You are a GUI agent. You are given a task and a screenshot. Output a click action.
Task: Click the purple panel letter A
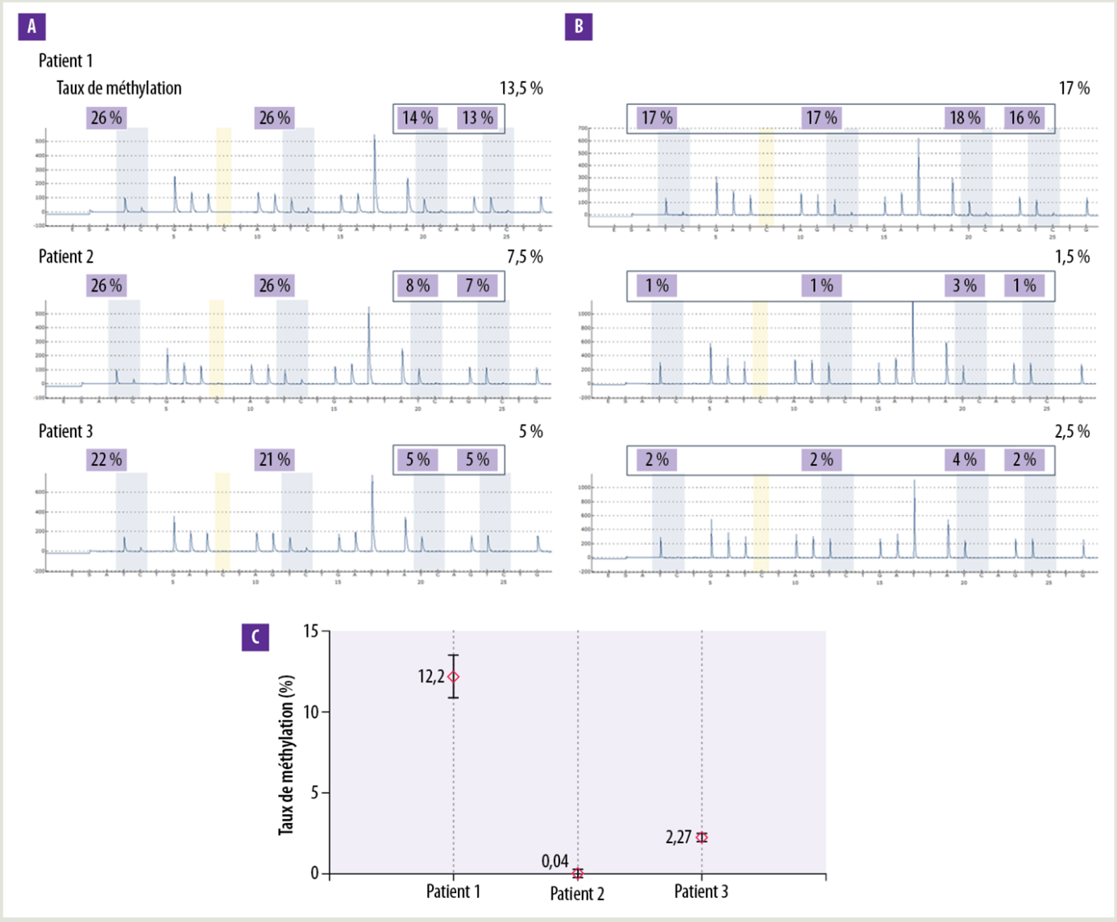click(31, 27)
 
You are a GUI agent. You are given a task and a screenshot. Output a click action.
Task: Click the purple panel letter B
click(579, 27)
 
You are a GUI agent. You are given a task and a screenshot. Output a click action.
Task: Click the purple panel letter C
click(255, 638)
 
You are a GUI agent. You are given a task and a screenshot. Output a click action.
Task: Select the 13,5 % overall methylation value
click(521, 88)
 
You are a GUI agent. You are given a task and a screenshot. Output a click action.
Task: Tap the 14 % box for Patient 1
click(417, 118)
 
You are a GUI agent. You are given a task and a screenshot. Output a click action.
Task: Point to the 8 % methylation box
click(417, 285)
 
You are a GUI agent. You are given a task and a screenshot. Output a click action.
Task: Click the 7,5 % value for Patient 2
click(525, 256)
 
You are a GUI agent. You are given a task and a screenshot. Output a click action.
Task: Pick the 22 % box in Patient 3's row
click(106, 459)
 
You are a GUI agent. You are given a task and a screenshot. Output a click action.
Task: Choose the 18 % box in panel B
click(965, 118)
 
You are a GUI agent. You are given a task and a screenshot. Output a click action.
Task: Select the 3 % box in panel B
click(965, 285)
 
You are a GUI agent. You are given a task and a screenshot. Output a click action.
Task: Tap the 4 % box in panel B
click(965, 459)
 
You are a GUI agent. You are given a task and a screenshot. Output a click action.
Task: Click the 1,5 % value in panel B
click(1072, 256)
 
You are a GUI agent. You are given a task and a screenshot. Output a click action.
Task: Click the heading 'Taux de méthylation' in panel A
click(118, 88)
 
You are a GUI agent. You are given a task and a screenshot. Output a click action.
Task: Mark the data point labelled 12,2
click(454, 677)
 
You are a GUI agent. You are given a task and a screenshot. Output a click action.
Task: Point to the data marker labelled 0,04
click(577, 873)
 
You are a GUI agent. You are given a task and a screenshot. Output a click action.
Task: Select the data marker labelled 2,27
click(702, 837)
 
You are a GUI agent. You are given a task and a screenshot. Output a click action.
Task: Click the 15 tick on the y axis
click(311, 631)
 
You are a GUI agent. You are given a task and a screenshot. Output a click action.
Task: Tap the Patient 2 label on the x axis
click(577, 893)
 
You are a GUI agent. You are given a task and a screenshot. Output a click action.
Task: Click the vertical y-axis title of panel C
click(286, 755)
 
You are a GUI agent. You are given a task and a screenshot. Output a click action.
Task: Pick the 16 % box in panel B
click(1024, 118)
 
